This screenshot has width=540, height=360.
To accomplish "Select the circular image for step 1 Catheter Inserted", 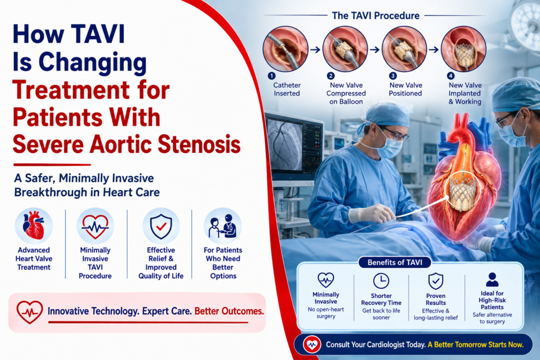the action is point(285,49).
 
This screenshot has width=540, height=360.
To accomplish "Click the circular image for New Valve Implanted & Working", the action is point(464,49).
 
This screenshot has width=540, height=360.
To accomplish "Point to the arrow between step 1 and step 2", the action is point(315,50).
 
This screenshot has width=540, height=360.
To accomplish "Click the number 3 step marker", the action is point(392,76).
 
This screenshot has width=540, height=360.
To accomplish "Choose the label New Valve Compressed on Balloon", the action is point(346,93).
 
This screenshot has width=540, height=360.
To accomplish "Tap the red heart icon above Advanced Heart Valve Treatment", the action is point(33,226).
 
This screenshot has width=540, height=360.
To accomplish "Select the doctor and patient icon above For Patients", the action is point(223,226).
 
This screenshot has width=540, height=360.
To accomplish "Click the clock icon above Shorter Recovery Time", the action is point(381,281).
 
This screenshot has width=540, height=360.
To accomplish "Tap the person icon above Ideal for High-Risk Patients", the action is point(492,279).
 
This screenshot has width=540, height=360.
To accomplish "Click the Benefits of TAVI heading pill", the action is point(394,262).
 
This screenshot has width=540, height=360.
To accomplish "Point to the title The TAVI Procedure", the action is point(375,15).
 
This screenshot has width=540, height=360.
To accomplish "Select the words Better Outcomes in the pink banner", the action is point(229,311).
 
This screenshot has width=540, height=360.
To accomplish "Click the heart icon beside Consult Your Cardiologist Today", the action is point(312,344).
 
